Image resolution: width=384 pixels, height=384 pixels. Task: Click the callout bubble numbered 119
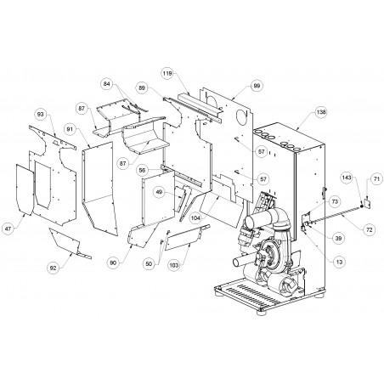167,74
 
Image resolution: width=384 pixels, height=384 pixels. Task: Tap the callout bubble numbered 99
257,86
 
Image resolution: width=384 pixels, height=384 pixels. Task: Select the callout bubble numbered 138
321,112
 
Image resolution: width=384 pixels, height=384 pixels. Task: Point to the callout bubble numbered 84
107,84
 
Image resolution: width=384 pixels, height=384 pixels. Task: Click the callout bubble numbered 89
142,88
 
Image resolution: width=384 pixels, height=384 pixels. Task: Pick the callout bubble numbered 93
41,114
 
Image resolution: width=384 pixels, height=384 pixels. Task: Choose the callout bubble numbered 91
70,129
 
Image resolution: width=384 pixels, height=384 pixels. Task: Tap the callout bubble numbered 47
8,229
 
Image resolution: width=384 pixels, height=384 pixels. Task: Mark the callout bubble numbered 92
54,268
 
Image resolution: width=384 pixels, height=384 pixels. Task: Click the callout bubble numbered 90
113,263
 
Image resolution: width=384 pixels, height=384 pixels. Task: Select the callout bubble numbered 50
149,264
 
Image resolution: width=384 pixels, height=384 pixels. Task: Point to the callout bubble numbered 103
174,265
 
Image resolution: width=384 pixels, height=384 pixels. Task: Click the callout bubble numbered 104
195,218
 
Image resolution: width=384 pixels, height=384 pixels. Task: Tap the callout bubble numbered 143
347,178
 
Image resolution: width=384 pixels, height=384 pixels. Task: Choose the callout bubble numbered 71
376,178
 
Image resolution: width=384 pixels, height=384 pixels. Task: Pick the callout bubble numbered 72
370,229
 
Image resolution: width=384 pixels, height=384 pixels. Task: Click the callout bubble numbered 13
339,262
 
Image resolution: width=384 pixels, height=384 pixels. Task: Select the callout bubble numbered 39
339,238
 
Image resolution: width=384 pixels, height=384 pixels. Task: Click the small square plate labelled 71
368,204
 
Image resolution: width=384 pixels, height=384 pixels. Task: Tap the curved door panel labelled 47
25,189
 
